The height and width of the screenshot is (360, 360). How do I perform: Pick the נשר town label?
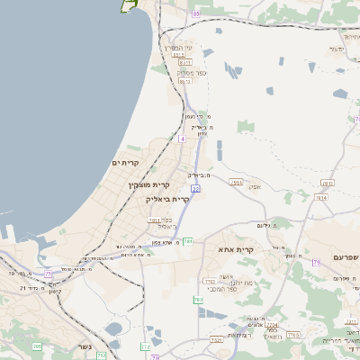(84, 346)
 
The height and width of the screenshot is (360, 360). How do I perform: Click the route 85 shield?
(196, 14)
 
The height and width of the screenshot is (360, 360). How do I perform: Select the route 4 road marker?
(182, 139)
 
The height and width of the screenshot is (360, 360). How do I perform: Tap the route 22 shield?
(195, 189)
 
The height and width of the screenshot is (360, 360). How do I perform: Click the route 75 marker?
(48, 273)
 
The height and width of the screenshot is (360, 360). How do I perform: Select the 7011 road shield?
(154, 220)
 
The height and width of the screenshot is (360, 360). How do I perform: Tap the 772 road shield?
(145, 346)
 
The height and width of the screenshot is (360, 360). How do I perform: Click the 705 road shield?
(37, 346)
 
